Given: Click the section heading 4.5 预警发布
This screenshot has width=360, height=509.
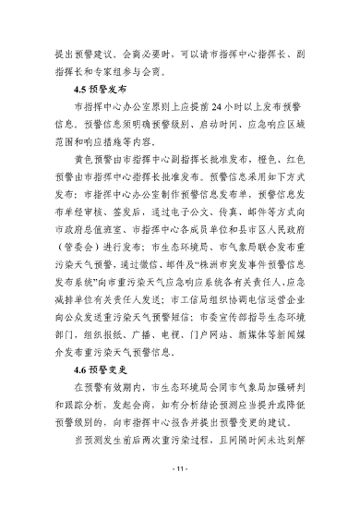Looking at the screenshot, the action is click(99, 90).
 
